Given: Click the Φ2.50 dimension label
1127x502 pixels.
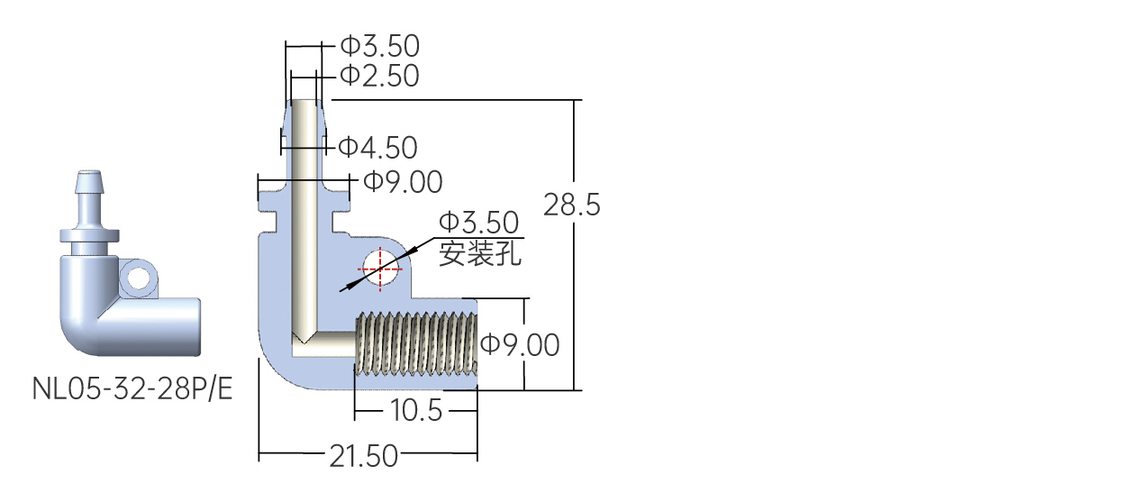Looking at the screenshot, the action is [x=379, y=76].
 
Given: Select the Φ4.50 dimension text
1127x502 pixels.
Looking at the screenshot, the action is [x=377, y=148].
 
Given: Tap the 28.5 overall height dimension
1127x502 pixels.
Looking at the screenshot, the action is [x=572, y=205].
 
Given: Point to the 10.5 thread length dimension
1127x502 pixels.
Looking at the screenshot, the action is [x=416, y=410].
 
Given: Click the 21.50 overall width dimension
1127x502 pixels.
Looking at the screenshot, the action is [x=364, y=456].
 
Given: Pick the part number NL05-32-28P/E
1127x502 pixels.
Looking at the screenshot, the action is [x=132, y=388].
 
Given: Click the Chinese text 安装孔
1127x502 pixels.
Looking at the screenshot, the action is [x=480, y=252].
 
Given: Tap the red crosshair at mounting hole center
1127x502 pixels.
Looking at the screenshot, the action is [x=380, y=269].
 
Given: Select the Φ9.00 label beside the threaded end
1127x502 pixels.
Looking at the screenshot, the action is [x=520, y=345].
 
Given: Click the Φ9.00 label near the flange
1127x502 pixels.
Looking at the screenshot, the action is [x=403, y=182].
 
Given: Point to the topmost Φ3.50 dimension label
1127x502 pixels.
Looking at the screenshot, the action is [x=380, y=46].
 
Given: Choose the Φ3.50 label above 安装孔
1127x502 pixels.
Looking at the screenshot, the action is [x=478, y=223].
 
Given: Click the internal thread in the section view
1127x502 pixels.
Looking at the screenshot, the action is [x=416, y=344].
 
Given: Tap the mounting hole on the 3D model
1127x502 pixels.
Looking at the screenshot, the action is [x=139, y=278].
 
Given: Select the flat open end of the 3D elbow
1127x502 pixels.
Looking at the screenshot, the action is [x=198, y=327].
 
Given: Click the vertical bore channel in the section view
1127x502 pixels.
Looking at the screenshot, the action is [x=304, y=216].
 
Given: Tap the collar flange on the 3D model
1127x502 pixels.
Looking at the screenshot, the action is [x=89, y=235].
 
